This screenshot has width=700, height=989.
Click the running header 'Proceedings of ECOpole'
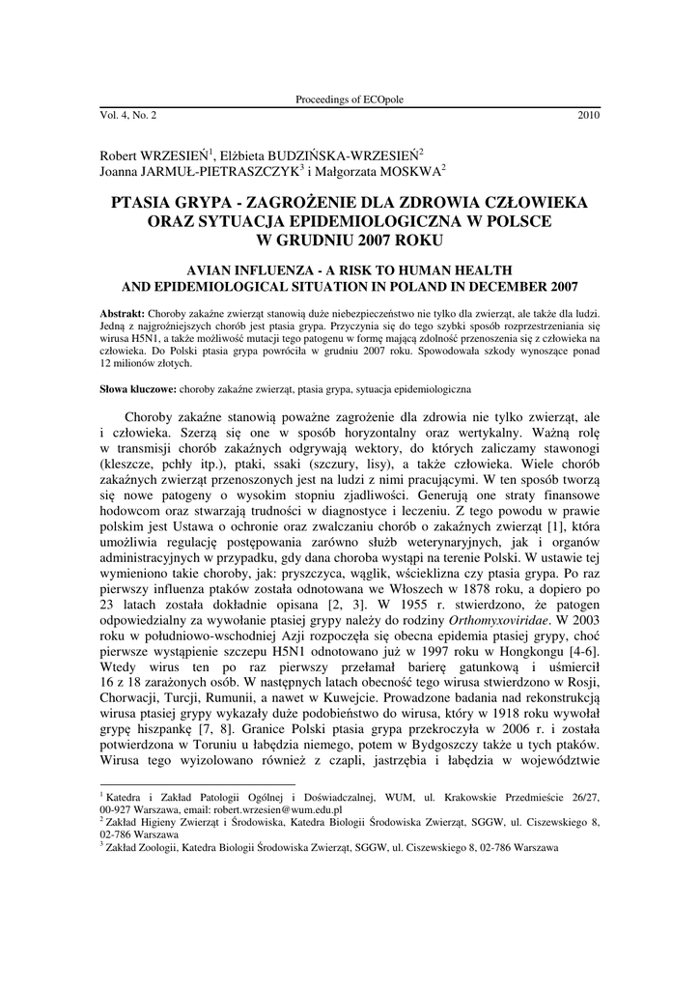pyautogui.click(x=350, y=100)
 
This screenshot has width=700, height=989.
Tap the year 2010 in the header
pyautogui.click(x=588, y=114)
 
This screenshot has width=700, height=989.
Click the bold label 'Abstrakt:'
pyautogui.click(x=123, y=315)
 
